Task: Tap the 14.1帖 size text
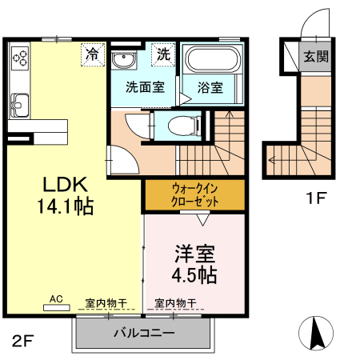[64, 206]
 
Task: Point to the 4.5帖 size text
[195, 274]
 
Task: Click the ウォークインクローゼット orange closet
[194, 195]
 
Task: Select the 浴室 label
[212, 86]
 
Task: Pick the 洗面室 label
[144, 86]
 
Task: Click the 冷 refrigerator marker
[94, 55]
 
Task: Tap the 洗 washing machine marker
[163, 55]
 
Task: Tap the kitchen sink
[18, 104]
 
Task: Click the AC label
[56, 299]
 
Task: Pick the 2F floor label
[22, 342]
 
